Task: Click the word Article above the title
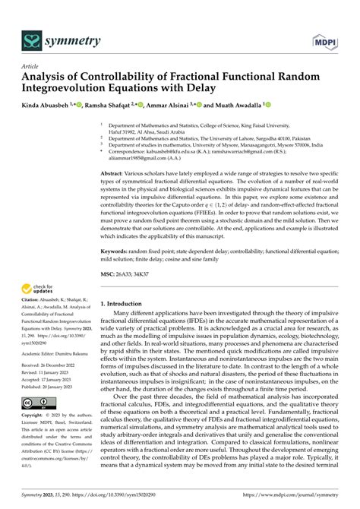pyautogui.click(x=32, y=66)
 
